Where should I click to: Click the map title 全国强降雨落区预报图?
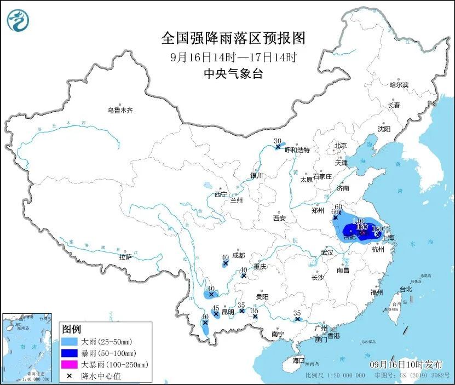coord(233,38)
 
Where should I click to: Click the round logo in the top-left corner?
coord(18,21)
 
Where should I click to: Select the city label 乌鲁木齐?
coord(120,110)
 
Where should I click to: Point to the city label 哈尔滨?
coord(399,85)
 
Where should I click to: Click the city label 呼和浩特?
coord(297,150)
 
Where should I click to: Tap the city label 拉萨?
coord(125,257)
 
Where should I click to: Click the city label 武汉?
coord(327,253)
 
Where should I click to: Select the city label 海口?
coord(298,360)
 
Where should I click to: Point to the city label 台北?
coord(405,289)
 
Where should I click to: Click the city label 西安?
coord(279,218)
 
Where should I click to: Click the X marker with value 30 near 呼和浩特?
coord(278,147)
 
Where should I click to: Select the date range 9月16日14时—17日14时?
coord(233,56)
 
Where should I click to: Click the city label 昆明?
coord(227,312)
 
